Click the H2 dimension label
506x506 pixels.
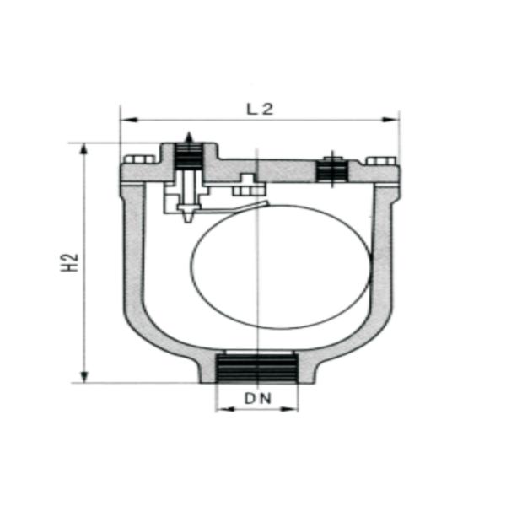(x=71, y=262)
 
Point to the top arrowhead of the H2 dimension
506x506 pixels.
(x=83, y=149)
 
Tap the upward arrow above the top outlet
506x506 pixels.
(x=189, y=137)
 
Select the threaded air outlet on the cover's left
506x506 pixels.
(x=189, y=157)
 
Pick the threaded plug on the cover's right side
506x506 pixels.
(x=332, y=171)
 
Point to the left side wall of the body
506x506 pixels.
(x=133, y=253)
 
